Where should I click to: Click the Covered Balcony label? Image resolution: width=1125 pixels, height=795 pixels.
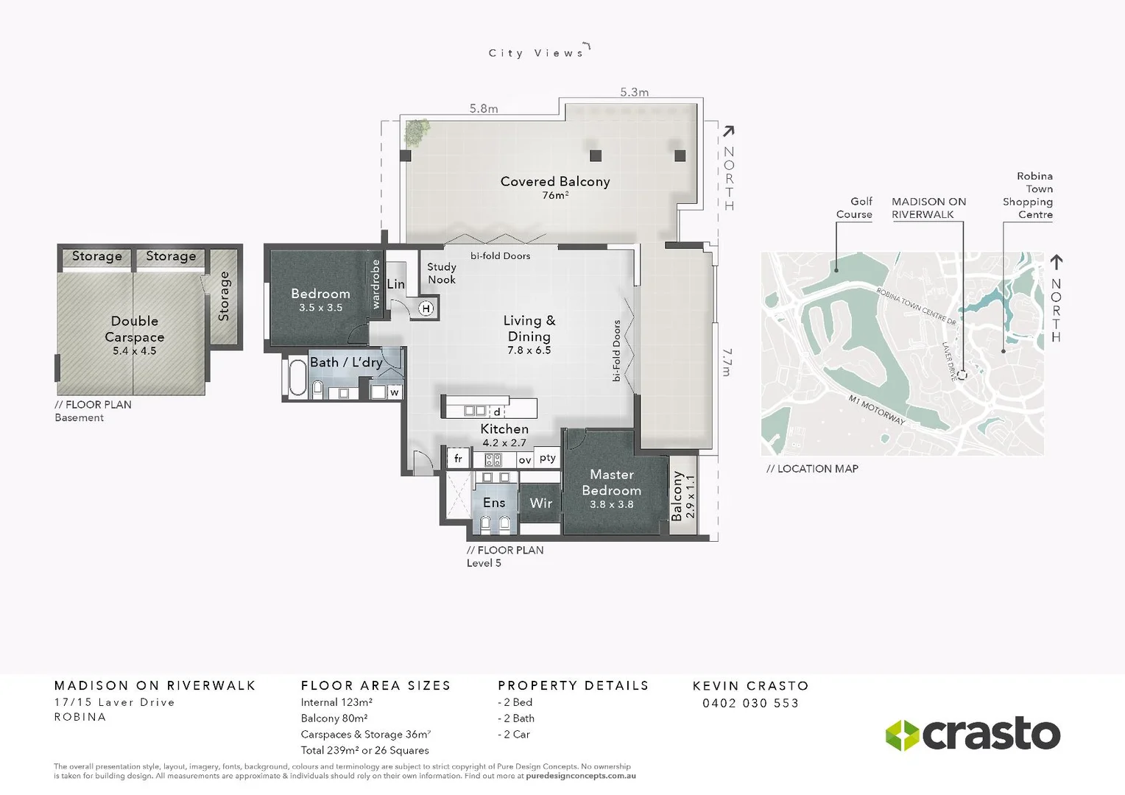pyautogui.click(x=554, y=182)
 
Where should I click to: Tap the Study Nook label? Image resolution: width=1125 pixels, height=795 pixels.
pyautogui.click(x=442, y=273)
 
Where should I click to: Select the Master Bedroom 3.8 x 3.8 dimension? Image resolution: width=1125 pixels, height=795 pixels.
pyautogui.click(x=611, y=504)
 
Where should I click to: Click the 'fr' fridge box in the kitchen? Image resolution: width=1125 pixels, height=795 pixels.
pyautogui.click(x=458, y=459)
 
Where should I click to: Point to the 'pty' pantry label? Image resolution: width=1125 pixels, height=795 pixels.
pyautogui.click(x=547, y=458)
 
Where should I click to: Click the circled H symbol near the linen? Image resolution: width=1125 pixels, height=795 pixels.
pyautogui.click(x=426, y=308)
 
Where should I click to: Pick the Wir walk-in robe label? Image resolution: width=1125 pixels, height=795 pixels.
pyautogui.click(x=540, y=504)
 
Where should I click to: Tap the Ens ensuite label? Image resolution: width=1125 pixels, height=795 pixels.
pyautogui.click(x=494, y=503)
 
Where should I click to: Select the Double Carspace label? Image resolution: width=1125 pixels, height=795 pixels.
pyautogui.click(x=135, y=329)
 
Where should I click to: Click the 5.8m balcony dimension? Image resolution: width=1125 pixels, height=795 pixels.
pyautogui.click(x=484, y=109)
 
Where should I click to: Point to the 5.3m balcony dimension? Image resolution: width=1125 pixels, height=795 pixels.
pyautogui.click(x=634, y=92)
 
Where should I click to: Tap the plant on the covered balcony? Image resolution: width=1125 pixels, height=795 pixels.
pyautogui.click(x=417, y=132)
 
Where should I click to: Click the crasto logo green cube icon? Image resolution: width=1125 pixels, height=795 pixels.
pyautogui.click(x=902, y=735)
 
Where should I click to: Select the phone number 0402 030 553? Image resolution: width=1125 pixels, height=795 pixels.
pyautogui.click(x=750, y=703)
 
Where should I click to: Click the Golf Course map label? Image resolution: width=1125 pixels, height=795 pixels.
pyautogui.click(x=854, y=208)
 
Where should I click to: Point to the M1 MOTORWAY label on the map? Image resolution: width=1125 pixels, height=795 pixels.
pyautogui.click(x=876, y=410)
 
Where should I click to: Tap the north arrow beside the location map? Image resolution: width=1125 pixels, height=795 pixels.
pyautogui.click(x=1056, y=262)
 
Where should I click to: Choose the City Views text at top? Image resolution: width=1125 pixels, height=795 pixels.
pyautogui.click(x=536, y=53)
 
